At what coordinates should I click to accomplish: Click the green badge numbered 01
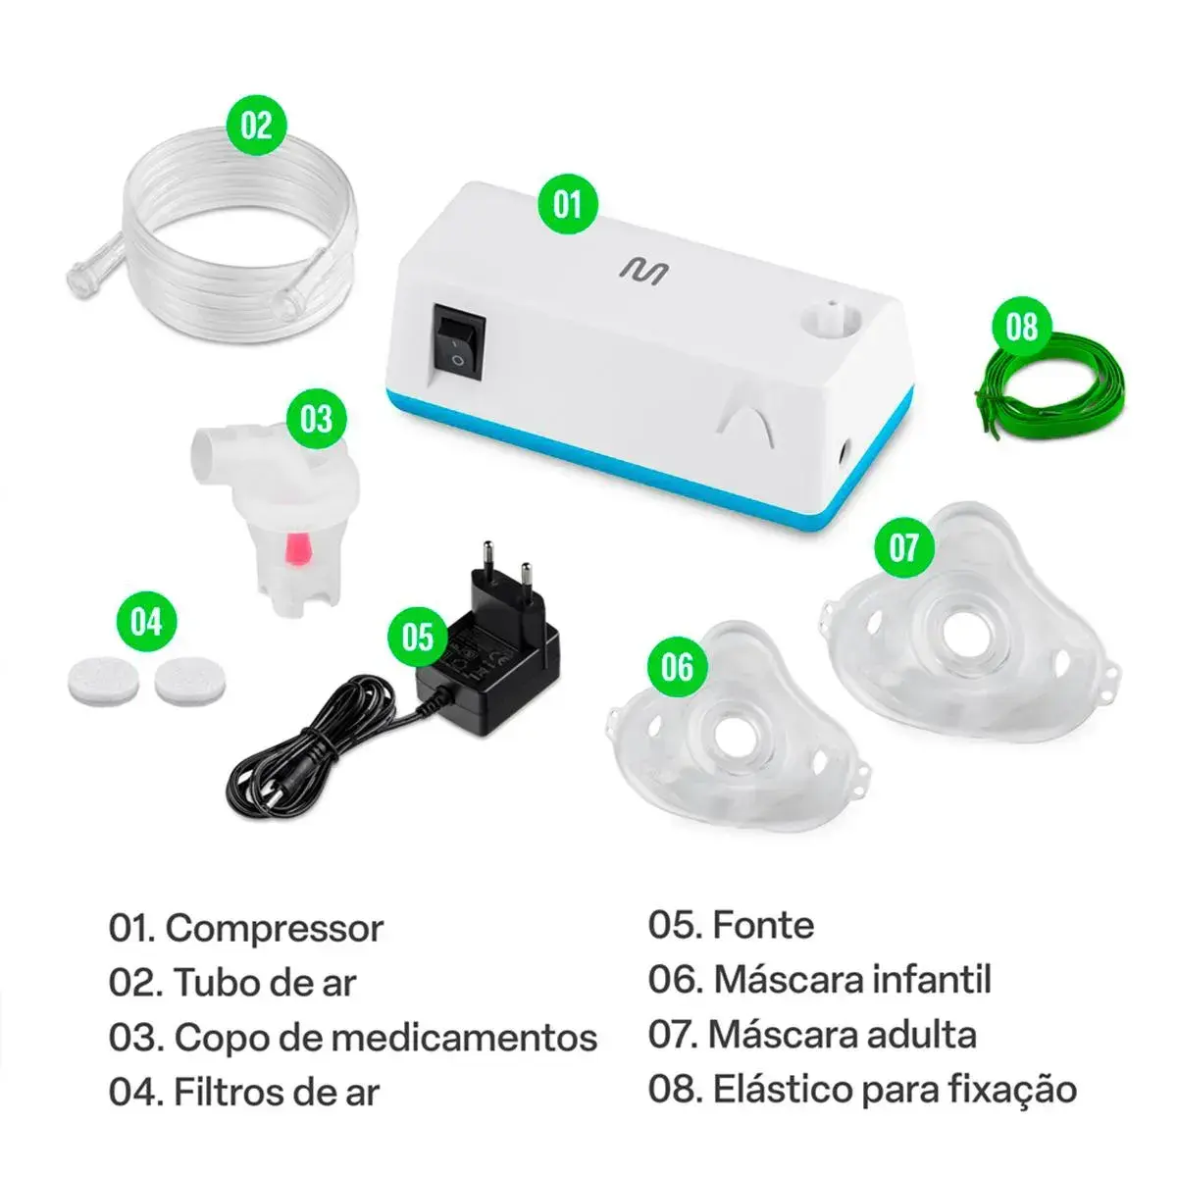(568, 204)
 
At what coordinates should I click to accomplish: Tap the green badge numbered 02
(256, 125)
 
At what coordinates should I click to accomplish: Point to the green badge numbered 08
(1021, 326)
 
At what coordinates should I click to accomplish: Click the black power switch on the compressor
(458, 339)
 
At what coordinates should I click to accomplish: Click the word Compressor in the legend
(274, 928)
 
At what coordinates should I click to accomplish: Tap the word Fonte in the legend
(763, 925)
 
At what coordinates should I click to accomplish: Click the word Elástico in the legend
(778, 1089)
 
